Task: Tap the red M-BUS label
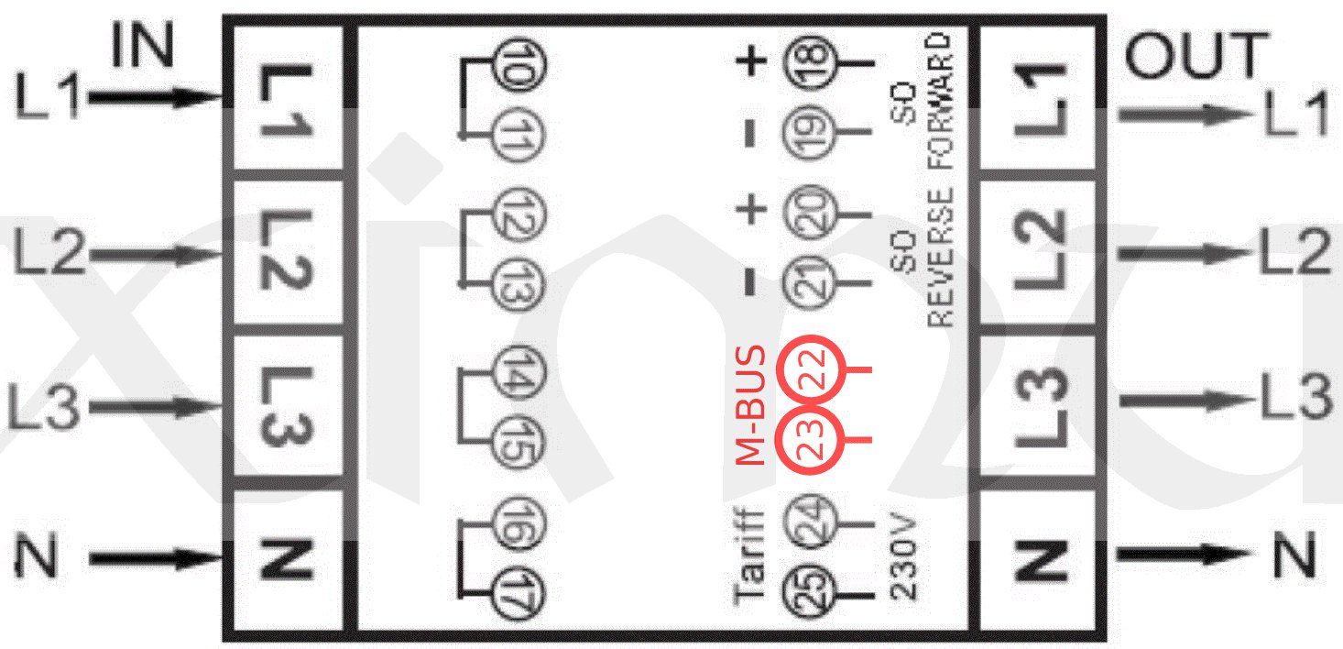751,405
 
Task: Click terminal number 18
807,63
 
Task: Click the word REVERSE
941,257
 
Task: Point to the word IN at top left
142,46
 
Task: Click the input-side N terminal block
287,559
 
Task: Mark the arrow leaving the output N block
1182,555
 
